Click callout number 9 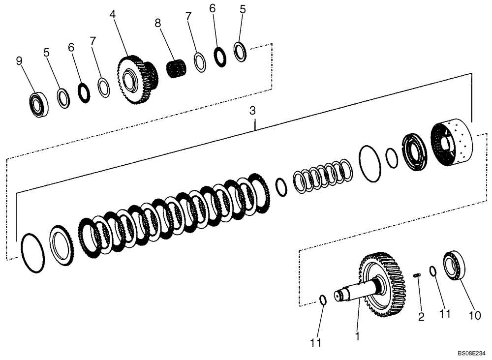coord(19,61)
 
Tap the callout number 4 coord(113,15)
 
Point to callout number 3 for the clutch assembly coord(252,111)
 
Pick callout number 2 coord(421,317)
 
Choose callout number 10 coord(475,315)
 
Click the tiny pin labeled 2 coord(417,276)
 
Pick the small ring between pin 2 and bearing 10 coord(433,270)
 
